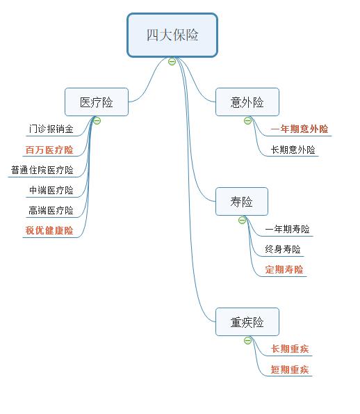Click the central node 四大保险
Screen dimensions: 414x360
(x=172, y=35)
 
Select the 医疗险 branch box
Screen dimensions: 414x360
(x=97, y=102)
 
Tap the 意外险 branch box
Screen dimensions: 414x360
(x=247, y=102)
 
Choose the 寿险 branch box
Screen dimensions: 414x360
(x=242, y=202)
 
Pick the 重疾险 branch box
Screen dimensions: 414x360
(x=247, y=322)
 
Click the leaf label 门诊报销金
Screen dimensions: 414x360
(x=51, y=129)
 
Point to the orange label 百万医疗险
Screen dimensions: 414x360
(x=49, y=150)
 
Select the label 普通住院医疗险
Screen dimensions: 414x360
(x=42, y=170)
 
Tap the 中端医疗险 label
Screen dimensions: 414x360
(x=51, y=190)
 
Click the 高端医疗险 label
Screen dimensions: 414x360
(x=51, y=210)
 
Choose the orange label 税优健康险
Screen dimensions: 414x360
(x=49, y=230)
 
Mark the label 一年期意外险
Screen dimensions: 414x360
(x=300, y=129)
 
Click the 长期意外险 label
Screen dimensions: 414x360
(x=293, y=149)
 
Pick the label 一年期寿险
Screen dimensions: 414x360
(x=287, y=229)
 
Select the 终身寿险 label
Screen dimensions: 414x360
(x=283, y=249)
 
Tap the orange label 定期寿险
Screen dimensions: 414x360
(x=284, y=269)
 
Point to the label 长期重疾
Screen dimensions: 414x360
(x=290, y=349)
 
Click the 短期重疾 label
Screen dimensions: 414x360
(x=290, y=369)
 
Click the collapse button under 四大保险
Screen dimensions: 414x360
(x=172, y=62)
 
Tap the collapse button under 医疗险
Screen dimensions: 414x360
(x=97, y=120)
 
